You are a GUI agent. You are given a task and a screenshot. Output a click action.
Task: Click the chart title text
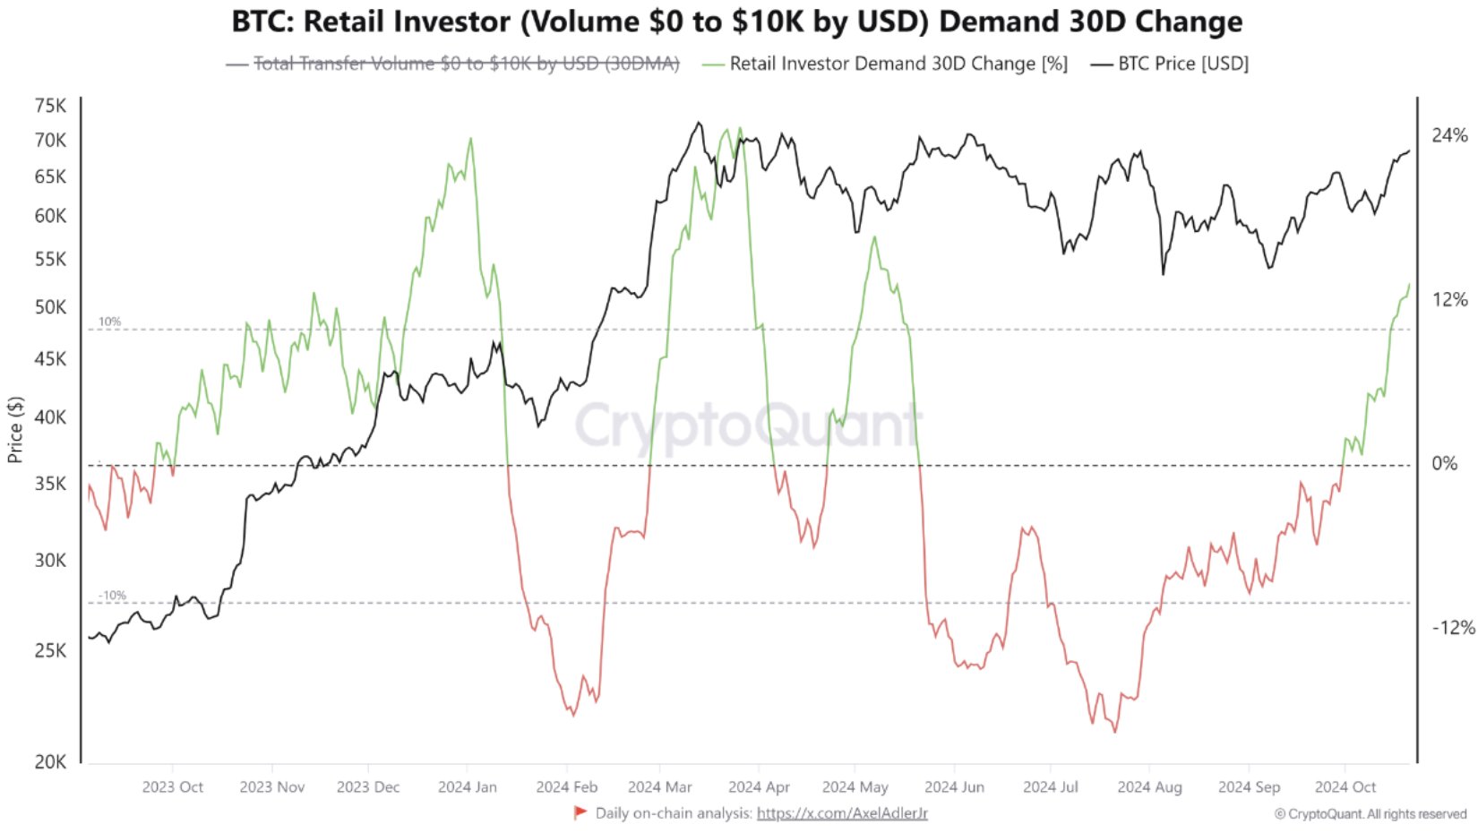point(736,21)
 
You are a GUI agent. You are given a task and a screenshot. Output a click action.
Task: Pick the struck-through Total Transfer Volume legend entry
point(466,64)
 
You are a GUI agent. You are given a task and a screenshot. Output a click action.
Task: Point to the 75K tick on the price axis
point(50,106)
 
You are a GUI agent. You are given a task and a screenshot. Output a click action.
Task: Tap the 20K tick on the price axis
point(50,762)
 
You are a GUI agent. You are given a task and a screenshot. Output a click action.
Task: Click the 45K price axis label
point(50,359)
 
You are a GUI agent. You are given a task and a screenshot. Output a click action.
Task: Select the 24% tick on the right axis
point(1449,135)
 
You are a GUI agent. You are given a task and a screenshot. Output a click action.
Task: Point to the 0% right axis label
point(1445,463)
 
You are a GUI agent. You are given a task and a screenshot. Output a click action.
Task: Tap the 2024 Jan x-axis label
point(467,787)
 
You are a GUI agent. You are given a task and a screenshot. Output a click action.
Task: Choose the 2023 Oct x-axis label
point(172,787)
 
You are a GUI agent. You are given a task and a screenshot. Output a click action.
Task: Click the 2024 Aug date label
point(1149,787)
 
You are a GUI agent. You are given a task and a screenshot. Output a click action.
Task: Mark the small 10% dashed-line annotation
point(109,322)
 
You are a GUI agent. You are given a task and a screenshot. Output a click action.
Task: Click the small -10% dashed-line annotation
point(112,596)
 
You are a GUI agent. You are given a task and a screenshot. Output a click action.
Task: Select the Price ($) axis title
point(15,430)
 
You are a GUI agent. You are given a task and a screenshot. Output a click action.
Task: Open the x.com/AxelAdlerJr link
point(842,813)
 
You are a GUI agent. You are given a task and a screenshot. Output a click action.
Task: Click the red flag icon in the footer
point(580,812)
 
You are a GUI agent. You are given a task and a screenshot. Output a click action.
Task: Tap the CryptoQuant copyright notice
point(1371,814)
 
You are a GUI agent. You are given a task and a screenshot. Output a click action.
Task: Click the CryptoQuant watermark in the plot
point(748,425)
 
